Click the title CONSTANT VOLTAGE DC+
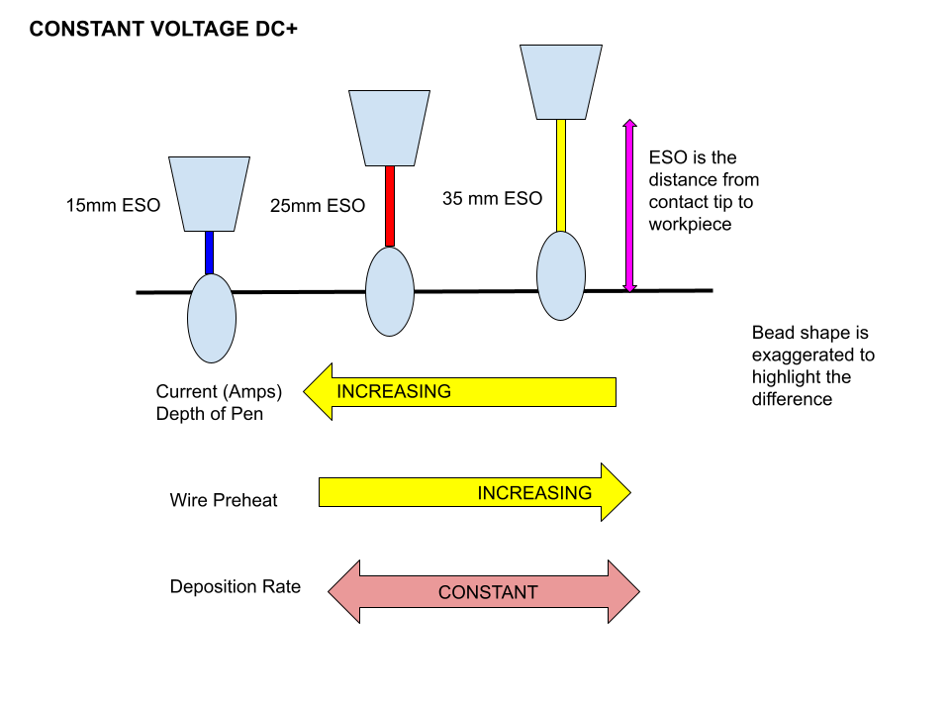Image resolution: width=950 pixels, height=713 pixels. [163, 30]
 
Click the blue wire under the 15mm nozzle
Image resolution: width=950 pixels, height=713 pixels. [209, 253]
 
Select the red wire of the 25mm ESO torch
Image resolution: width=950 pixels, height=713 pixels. [390, 206]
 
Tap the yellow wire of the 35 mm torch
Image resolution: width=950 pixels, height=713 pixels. [561, 175]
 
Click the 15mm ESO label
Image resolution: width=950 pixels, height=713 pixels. [113, 207]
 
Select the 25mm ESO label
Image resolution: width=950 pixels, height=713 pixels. [318, 206]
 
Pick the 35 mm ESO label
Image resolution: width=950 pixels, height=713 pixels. [492, 198]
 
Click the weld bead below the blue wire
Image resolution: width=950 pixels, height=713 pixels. [212, 319]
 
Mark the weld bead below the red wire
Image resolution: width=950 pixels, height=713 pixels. [390, 292]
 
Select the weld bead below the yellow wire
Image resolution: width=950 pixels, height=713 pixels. [561, 275]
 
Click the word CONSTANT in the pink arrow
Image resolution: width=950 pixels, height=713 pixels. [488, 592]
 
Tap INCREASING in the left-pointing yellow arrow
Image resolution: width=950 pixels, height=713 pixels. [394, 391]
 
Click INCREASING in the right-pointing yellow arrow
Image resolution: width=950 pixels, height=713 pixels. [534, 492]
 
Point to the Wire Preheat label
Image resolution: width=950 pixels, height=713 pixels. [224, 500]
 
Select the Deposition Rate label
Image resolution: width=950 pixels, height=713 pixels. [235, 587]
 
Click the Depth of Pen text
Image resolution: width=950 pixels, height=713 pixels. [210, 414]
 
